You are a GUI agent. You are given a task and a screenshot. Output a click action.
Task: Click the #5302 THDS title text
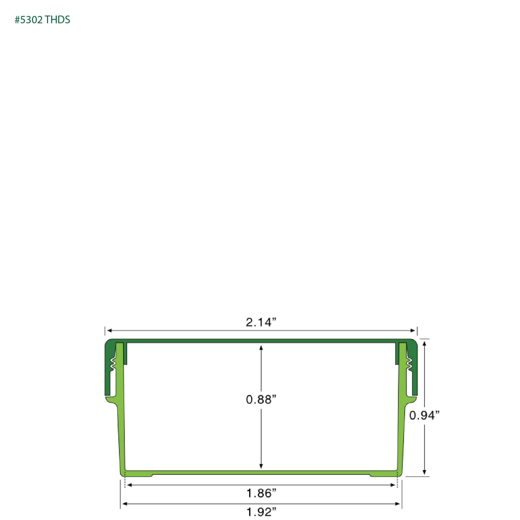(42, 20)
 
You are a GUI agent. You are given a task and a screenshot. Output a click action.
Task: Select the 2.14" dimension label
(261, 322)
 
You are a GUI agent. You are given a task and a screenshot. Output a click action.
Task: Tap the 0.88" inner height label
(261, 399)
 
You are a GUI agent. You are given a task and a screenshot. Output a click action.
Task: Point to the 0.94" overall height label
(424, 415)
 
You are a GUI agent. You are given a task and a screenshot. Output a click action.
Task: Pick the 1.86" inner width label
(261, 493)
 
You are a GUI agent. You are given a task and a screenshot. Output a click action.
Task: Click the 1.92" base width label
(261, 512)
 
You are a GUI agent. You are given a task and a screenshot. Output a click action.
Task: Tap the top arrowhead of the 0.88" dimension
(261, 348)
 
